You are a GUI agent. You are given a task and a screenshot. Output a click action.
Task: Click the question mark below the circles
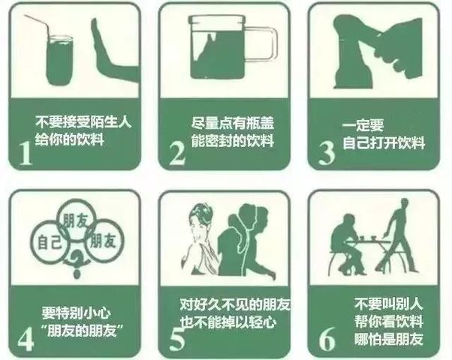coord(76,262)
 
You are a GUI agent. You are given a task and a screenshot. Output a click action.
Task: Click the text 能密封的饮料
coord(233,140)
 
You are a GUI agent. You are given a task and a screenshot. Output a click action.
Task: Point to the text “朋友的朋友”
coord(80,329)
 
